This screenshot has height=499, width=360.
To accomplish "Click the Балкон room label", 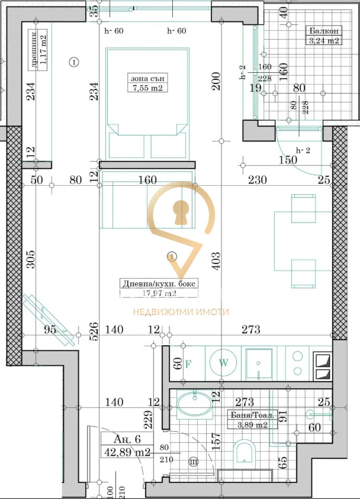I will (323, 31).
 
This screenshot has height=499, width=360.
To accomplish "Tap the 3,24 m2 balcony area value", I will (323, 40).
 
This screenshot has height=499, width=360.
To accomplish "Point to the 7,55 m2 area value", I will (147, 88).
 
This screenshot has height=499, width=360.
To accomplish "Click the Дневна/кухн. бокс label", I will (158, 283).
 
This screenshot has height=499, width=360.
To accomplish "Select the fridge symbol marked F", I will (188, 363).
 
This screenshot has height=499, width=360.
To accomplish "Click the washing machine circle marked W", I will (223, 363).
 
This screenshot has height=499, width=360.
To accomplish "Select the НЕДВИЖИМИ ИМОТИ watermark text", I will (180, 312).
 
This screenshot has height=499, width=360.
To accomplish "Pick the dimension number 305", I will (31, 259).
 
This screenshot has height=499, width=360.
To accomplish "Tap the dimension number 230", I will (257, 180).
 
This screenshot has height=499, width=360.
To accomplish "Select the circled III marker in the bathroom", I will (192, 461).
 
